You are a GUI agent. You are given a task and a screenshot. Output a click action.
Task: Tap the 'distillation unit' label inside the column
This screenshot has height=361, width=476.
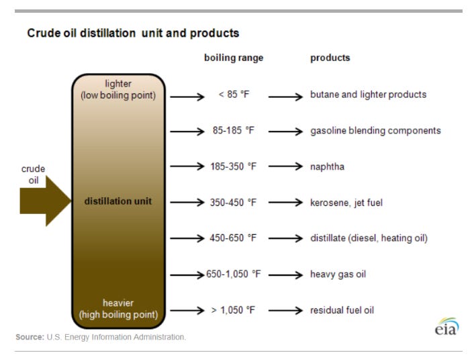[x=117, y=201]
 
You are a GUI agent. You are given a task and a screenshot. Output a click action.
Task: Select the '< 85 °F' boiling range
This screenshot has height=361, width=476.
[x=234, y=95]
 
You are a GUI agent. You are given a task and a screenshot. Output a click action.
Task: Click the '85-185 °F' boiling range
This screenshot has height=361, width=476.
[x=234, y=130]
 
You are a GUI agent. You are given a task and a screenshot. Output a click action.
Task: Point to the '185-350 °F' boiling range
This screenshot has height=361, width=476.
[x=234, y=166]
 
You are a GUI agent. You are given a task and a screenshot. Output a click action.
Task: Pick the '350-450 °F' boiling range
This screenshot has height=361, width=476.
[x=234, y=202]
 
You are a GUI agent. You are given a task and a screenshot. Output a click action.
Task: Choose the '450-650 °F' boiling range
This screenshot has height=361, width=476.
[x=234, y=238]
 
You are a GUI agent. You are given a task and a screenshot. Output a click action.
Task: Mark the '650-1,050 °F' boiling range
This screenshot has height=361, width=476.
[x=234, y=274]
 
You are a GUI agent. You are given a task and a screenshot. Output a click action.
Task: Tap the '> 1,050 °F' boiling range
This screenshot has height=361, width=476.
[x=234, y=310]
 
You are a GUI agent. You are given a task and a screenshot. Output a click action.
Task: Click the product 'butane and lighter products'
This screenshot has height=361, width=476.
[x=368, y=95]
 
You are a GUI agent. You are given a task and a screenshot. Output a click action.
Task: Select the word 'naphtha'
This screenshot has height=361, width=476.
[x=327, y=166]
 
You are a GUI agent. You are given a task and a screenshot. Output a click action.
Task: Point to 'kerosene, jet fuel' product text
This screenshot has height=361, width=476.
[x=346, y=202]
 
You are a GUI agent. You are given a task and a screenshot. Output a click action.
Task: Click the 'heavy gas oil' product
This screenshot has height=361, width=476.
[x=338, y=274]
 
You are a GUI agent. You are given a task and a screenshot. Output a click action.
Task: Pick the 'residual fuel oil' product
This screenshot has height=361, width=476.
[x=342, y=310]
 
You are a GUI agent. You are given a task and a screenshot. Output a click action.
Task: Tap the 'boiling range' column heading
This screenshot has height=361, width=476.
[x=234, y=58]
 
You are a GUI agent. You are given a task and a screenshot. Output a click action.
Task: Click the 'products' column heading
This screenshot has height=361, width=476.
[x=330, y=58]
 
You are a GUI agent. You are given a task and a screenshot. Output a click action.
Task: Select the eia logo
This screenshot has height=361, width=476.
[x=446, y=327]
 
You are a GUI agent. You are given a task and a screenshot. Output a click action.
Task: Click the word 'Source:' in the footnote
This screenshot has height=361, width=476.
[x=30, y=337]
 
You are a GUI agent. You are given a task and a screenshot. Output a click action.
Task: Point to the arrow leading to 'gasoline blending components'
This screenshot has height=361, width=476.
[x=287, y=131]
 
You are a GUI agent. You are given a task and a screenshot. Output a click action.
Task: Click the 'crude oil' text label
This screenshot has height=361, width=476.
[x=34, y=174]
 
